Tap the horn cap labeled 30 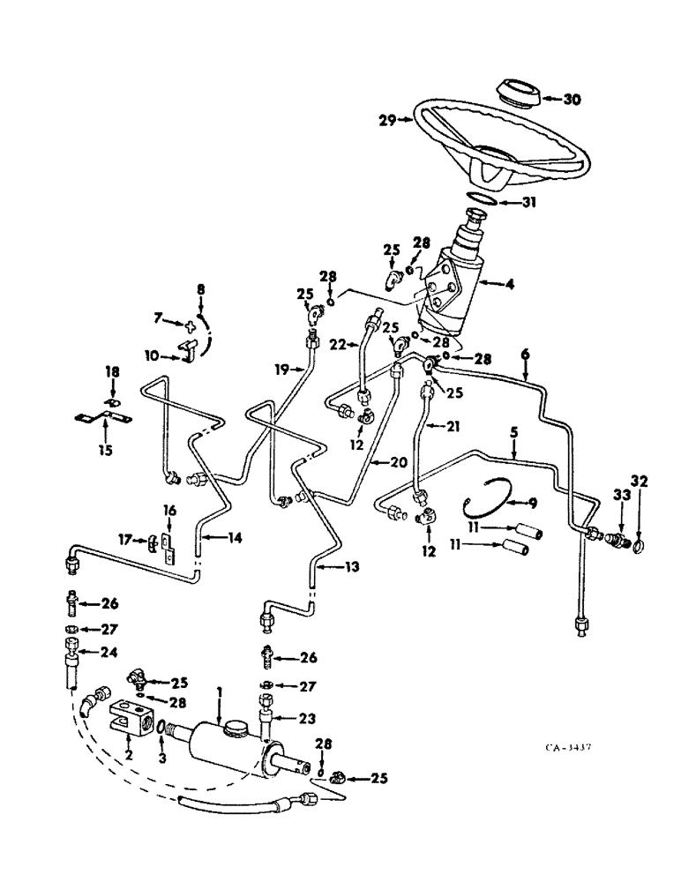518,91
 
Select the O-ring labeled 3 161,729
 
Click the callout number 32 640,482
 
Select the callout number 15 105,435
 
